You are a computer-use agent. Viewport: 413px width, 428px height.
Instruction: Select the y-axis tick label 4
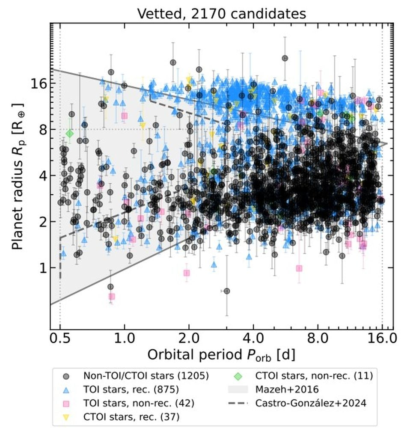41,175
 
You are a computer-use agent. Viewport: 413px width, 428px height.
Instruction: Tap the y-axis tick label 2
41,222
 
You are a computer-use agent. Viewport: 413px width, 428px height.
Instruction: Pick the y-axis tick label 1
41,268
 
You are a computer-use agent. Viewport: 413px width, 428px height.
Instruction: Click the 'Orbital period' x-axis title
221,355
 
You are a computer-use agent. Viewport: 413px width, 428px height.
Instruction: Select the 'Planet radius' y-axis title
18,176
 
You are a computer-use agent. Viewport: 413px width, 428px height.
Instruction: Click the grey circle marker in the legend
66,376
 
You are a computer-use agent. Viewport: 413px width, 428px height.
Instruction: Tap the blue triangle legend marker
66,389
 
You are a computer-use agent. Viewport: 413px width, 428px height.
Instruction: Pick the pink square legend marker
66,403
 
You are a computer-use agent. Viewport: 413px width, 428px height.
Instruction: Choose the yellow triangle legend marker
66,416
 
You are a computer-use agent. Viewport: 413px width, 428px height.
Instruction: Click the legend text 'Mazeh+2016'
281,389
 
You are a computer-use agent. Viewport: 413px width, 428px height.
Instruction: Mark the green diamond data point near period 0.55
69,134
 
